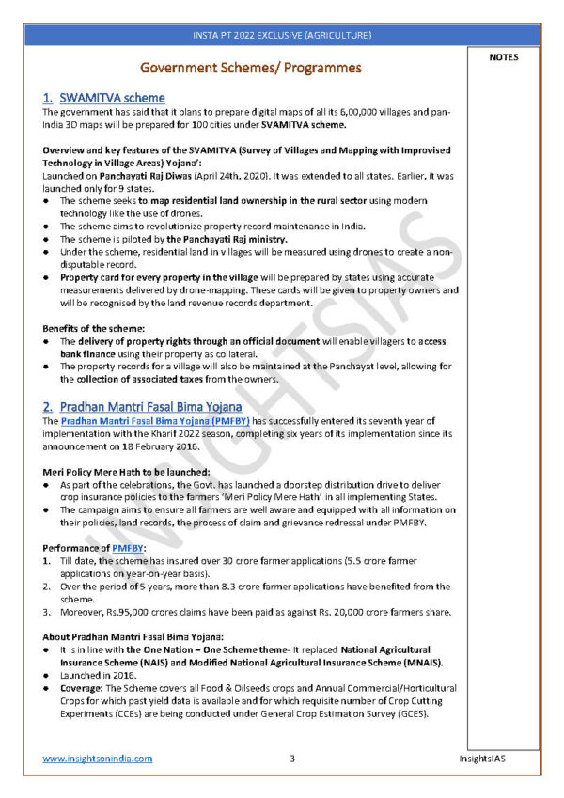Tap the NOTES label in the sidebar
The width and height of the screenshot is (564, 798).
503,57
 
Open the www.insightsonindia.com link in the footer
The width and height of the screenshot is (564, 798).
98,759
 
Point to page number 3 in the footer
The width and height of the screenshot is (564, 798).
292,759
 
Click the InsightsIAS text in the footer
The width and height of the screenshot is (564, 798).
487,759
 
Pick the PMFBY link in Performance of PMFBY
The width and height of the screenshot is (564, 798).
128,547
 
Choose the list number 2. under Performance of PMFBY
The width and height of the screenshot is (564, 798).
47,586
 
